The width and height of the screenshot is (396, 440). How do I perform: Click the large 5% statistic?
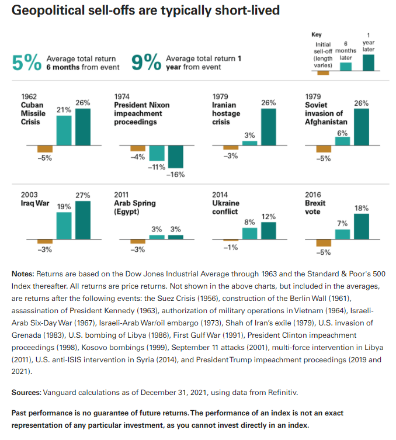(27, 63)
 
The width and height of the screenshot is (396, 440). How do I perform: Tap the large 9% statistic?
(146, 63)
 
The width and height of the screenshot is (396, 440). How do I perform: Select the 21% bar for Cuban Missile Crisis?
(64, 130)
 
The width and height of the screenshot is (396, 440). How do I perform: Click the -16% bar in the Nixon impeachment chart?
(176, 157)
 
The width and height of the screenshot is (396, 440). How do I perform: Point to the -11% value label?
(157, 167)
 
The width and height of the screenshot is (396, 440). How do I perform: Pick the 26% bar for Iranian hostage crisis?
(269, 127)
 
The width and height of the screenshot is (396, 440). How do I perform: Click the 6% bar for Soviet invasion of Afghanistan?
(342, 141)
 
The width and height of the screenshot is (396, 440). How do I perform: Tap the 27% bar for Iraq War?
(83, 220)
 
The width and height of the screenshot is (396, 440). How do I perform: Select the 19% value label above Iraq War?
(64, 207)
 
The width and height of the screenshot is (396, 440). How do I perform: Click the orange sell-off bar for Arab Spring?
(138, 241)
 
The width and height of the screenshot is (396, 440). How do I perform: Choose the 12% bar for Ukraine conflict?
(269, 231)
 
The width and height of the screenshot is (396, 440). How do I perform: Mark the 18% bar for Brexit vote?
(362, 227)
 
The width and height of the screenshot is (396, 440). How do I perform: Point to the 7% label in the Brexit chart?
(342, 224)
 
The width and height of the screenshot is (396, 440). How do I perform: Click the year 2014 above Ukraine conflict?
(220, 195)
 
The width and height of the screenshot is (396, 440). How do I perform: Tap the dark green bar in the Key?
(368, 63)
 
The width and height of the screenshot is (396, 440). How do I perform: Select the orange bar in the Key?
(323, 73)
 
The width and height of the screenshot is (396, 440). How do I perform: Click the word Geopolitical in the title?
(48, 11)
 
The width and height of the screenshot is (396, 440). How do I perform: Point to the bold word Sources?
(26, 392)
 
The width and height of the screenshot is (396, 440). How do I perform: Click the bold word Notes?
(23, 274)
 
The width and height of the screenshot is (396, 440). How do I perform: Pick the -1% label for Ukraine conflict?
(231, 248)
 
